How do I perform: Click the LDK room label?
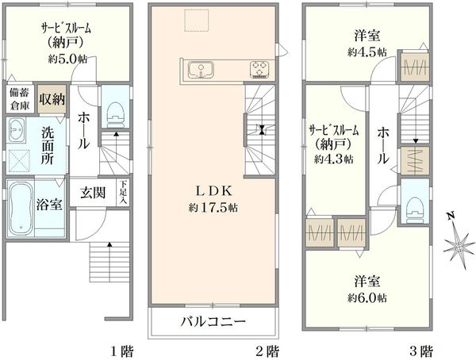(x=213, y=191)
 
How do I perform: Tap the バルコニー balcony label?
(x=213, y=321)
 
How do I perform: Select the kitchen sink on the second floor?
(x=201, y=70)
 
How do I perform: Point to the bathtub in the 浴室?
(x=21, y=209)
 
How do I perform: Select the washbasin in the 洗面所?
(x=17, y=129)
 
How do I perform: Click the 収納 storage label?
(x=52, y=99)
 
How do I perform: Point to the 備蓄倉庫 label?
(x=20, y=99)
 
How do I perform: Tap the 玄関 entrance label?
(x=93, y=193)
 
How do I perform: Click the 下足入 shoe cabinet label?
(x=124, y=193)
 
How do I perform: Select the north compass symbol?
(x=459, y=242)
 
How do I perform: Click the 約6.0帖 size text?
(x=367, y=298)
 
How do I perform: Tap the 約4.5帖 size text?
(x=367, y=52)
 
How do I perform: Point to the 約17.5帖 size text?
(x=213, y=208)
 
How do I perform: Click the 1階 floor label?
(x=121, y=352)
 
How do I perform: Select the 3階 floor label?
(x=421, y=352)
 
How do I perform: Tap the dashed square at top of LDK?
(x=197, y=21)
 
